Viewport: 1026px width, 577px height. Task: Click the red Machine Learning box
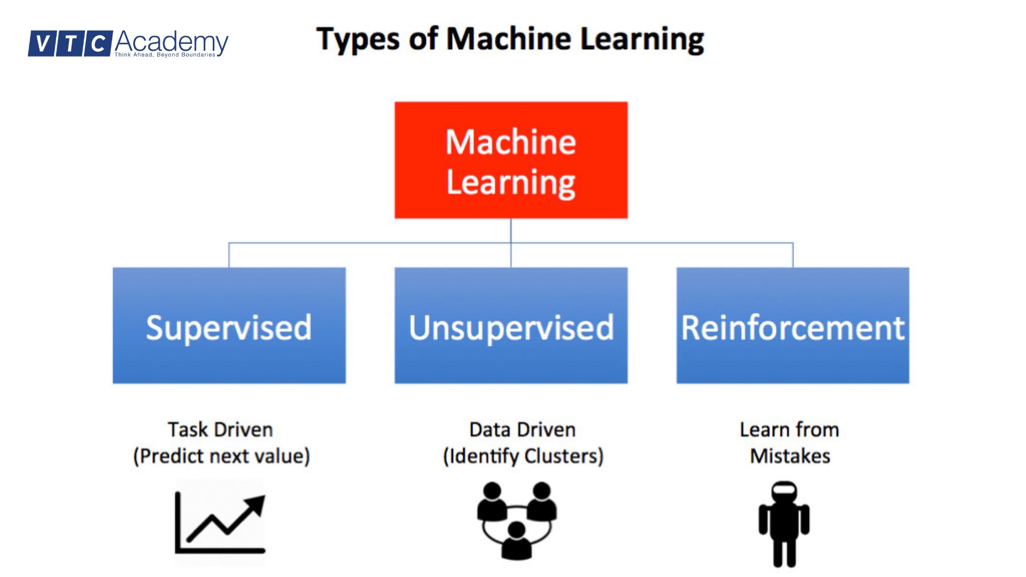point(511,160)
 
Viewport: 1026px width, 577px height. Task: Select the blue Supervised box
point(229,326)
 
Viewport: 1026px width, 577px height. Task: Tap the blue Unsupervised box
point(511,326)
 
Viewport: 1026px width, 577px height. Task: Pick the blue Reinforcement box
point(792,326)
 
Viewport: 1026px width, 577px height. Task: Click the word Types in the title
point(357,40)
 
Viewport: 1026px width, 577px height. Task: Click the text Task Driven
point(220,430)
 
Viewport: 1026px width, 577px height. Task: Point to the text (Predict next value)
point(221,456)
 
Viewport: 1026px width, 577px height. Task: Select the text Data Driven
point(522,430)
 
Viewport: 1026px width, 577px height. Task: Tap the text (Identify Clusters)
point(523,456)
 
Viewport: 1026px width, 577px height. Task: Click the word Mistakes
point(790,456)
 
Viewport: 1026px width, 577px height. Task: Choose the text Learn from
point(789,430)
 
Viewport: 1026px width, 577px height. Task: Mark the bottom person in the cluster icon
point(516,541)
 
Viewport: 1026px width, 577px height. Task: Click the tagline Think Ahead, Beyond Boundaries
point(165,54)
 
